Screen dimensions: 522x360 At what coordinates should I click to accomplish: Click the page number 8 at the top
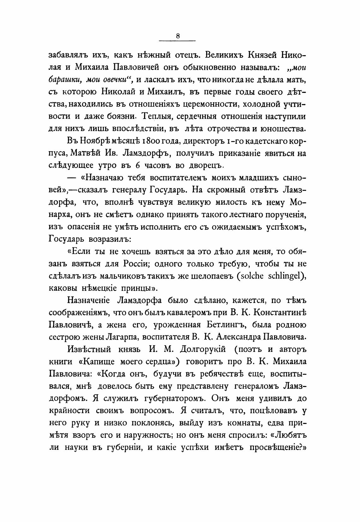178,36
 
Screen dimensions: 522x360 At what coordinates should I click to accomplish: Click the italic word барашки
62,80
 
